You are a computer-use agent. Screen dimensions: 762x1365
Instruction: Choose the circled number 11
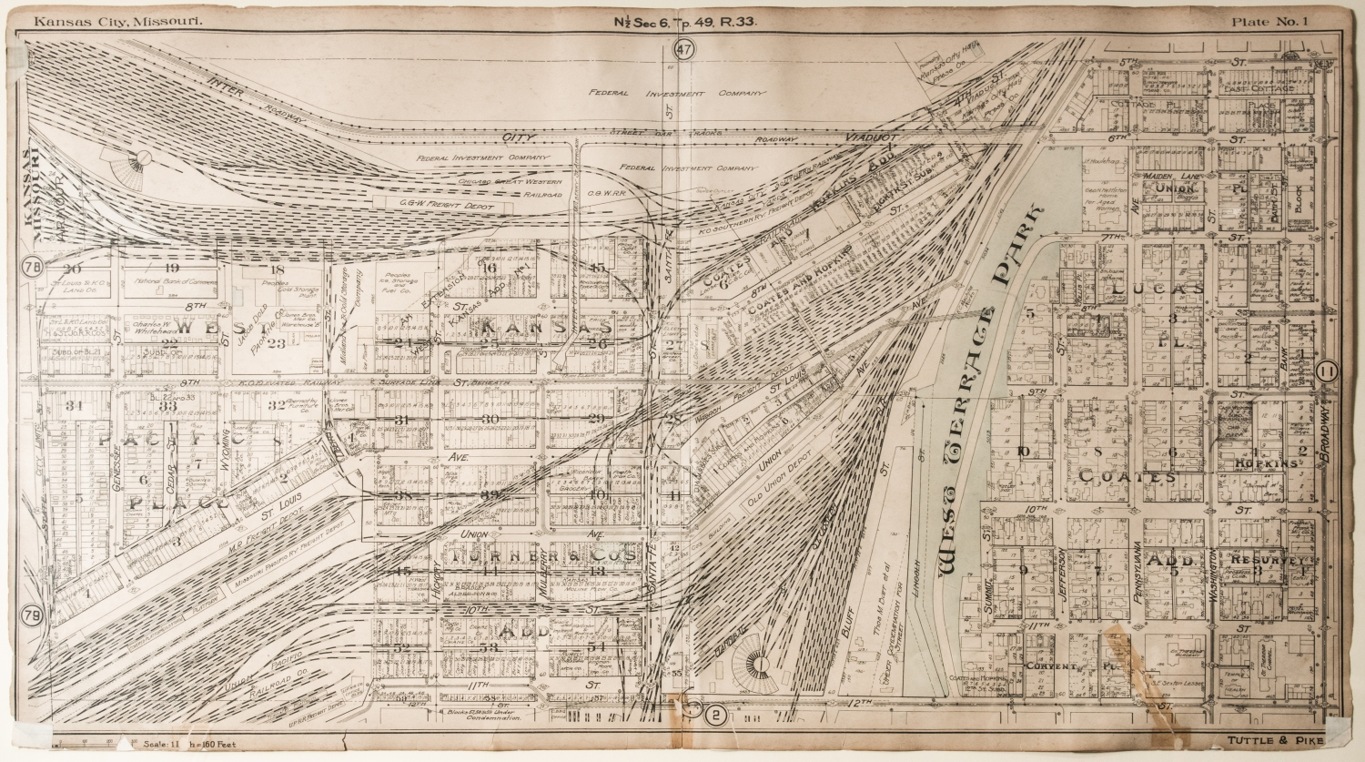coord(1328,371)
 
